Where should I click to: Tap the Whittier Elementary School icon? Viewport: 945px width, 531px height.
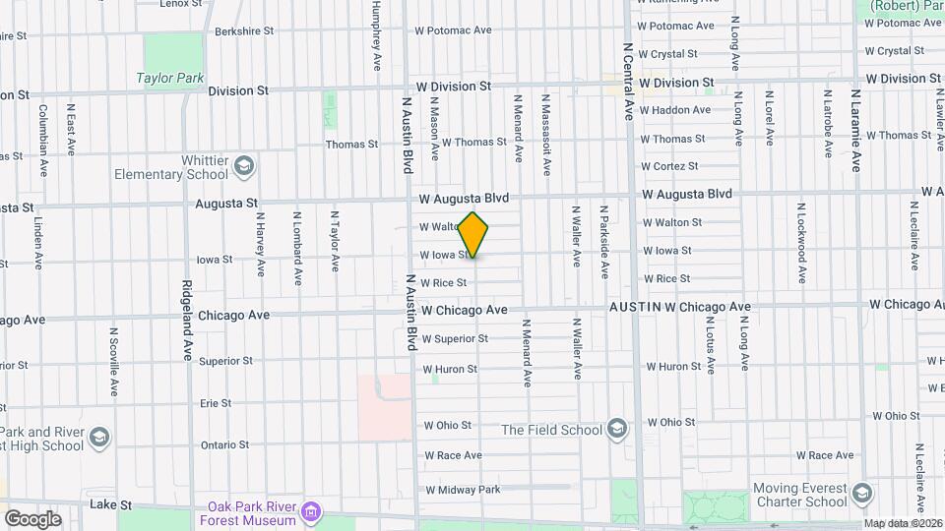coord(243,166)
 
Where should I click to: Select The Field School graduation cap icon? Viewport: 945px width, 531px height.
coord(616,428)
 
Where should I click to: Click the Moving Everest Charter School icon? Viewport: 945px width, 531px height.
coord(862,494)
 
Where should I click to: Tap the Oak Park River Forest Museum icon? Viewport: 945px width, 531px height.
coord(311,511)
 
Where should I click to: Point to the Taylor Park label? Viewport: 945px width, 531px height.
coord(169,78)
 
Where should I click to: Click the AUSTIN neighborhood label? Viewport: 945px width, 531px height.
coord(634,307)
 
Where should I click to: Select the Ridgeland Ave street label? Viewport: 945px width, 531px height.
coord(186,322)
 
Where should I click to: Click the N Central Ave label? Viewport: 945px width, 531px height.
coord(628,81)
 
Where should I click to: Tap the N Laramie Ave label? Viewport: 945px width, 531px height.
coord(856,130)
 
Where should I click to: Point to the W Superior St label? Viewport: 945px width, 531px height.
coord(455,339)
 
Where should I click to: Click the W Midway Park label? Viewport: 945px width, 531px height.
coord(462,490)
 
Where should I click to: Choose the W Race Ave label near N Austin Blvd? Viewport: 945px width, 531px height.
coord(453,455)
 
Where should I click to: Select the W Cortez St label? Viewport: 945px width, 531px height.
coord(669,166)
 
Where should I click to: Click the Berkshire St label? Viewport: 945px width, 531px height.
coord(243,30)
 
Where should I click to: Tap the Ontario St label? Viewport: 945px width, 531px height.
coord(224,444)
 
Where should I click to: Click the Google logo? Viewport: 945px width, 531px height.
coord(32,518)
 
